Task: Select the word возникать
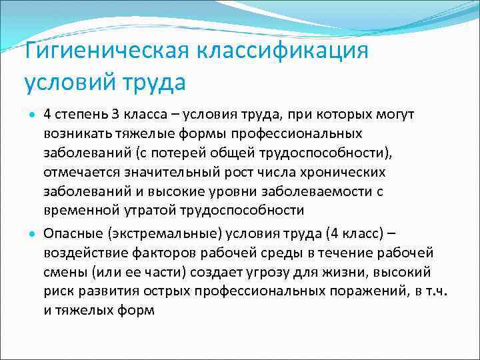pyautogui.click(x=75, y=134)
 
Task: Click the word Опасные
pyautogui.click(x=71, y=234)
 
